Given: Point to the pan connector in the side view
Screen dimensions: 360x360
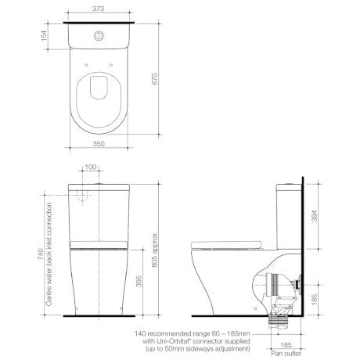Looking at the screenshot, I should click(278, 296).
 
